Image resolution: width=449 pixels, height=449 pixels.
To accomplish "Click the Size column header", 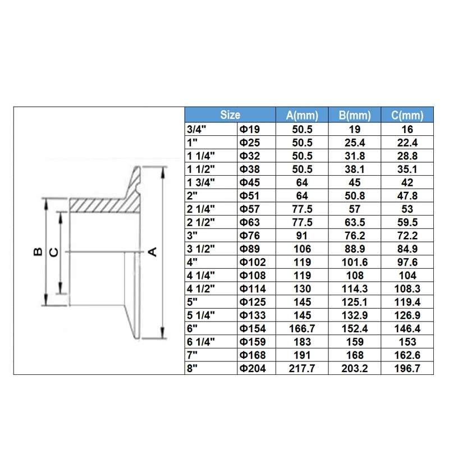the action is pyautogui.click(x=230, y=115).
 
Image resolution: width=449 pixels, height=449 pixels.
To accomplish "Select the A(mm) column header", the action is pyautogui.click(x=302, y=115).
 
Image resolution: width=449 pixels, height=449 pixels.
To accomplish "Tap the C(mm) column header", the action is pyautogui.click(x=407, y=115).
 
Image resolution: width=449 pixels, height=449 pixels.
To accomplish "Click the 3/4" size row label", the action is pyautogui.click(x=196, y=129).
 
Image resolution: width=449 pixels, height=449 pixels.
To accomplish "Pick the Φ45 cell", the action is pyautogui.click(x=250, y=182).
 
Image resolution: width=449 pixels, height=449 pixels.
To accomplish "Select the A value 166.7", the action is pyautogui.click(x=302, y=328).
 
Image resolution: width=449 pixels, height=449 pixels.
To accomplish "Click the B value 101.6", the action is pyautogui.click(x=355, y=262).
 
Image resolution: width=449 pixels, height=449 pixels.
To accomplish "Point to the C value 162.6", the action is pyautogui.click(x=407, y=355).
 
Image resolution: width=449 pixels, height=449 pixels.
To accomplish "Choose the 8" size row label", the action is pyautogui.click(x=192, y=368).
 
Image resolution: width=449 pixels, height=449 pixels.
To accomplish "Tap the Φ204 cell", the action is pyautogui.click(x=253, y=368).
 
